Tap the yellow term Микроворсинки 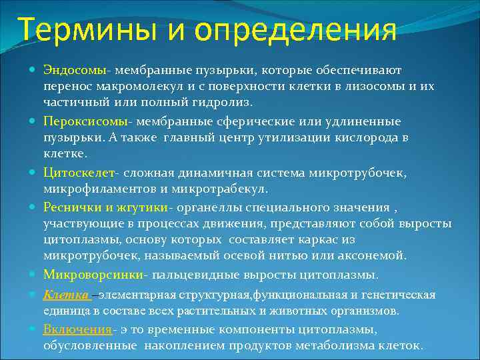pos(95,275)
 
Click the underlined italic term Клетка pos(66,295)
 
